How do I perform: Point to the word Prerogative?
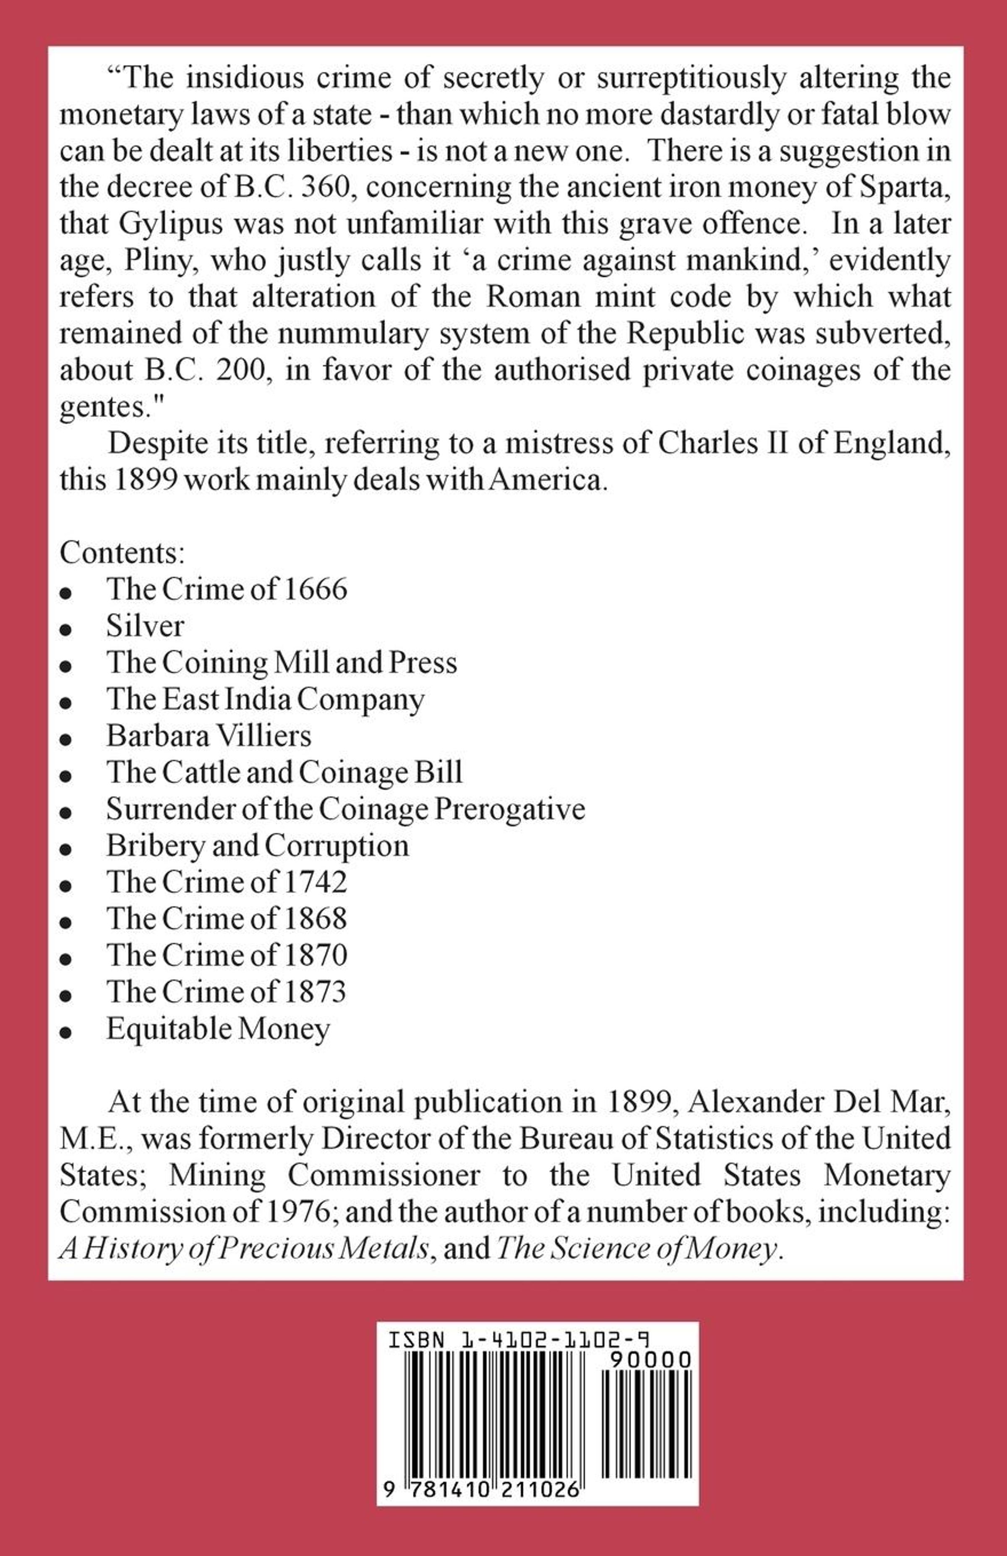[x=510, y=809]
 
